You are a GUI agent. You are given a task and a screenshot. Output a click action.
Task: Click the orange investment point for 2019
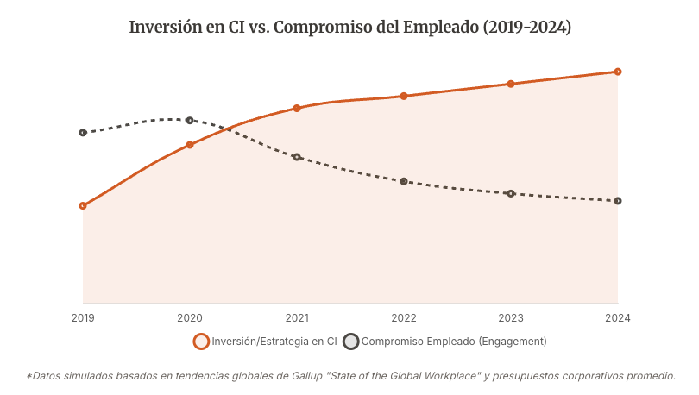[83, 206]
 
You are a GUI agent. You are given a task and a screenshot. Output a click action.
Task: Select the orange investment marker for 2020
[190, 145]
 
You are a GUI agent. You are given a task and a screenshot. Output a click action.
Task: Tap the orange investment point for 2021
[297, 109]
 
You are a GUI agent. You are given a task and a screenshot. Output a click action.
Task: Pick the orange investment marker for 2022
[404, 96]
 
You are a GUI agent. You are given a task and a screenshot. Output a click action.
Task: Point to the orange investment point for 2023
[511, 84]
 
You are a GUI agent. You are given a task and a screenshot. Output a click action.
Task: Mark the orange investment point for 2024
[618, 72]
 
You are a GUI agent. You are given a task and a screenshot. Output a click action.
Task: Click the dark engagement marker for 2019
[83, 133]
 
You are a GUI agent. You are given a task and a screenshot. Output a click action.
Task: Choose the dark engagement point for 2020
[190, 121]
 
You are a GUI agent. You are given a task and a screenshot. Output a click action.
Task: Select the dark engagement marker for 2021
[297, 157]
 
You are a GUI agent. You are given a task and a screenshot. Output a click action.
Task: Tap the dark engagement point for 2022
[404, 181]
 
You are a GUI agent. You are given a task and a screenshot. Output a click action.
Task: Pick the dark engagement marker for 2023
[511, 193]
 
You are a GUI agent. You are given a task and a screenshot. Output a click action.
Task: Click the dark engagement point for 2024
[618, 201]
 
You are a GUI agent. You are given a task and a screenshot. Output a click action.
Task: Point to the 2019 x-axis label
[83, 318]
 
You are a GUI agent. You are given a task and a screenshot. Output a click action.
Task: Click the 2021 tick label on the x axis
[297, 318]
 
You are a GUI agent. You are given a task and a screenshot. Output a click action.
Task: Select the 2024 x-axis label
[618, 318]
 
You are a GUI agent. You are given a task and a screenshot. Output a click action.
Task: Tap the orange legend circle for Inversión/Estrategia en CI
[201, 342]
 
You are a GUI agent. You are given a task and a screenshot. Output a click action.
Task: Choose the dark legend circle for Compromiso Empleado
[351, 342]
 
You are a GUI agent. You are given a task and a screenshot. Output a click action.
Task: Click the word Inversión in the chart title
[163, 28]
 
